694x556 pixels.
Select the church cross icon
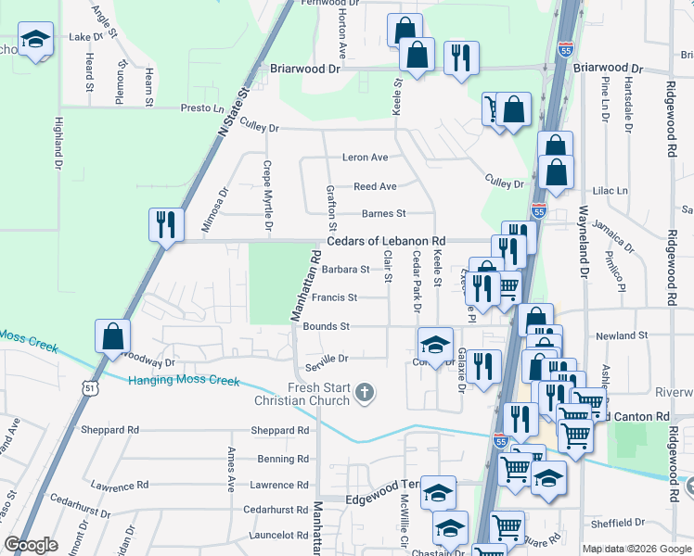pyautogui.click(x=365, y=393)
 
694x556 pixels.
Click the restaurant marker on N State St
pyautogui.click(x=165, y=224)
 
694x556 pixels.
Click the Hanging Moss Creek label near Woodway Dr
pyautogui.click(x=184, y=381)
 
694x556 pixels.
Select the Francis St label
pyautogui.click(x=334, y=297)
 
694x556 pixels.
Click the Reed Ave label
pyautogui.click(x=375, y=186)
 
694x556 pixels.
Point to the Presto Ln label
pyautogui.click(x=198, y=108)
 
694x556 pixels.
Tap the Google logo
pyautogui.click(x=32, y=545)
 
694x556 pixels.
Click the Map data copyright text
pyautogui.click(x=636, y=549)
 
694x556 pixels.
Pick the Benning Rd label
pyautogui.click(x=283, y=459)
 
